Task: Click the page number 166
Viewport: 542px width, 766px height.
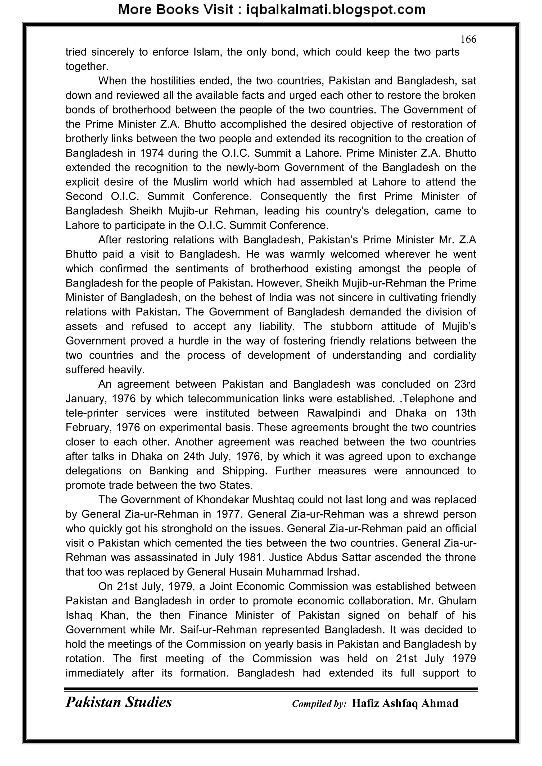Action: [x=468, y=39]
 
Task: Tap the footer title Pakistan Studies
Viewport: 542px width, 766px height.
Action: [x=119, y=702]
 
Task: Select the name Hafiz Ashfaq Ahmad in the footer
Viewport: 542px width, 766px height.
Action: [x=405, y=703]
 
